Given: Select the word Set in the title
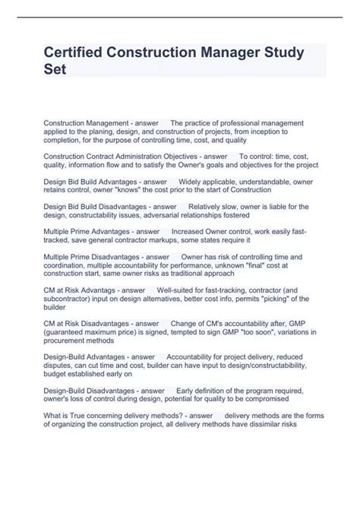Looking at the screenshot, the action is (x=55, y=70).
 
